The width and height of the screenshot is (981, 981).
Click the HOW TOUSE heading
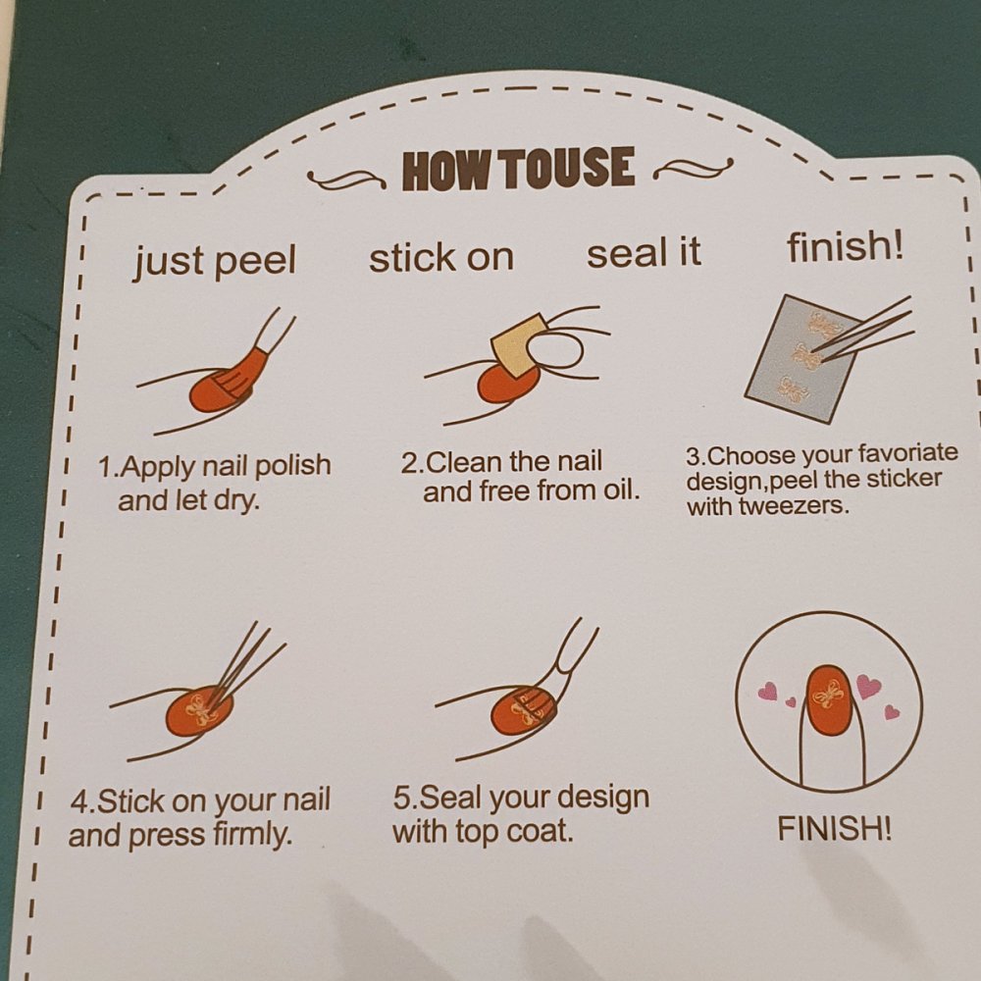pos(519,168)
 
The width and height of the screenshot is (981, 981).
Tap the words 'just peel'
pos(214,260)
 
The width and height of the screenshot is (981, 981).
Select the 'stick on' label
pos(441,257)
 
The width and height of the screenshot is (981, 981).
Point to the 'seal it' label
pos(644,253)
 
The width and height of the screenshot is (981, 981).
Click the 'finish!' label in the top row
pos(846,246)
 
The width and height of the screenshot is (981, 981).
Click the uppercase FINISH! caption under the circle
pos(835,829)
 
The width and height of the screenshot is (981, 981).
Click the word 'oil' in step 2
pos(620,490)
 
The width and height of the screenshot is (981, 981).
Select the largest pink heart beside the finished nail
pos(868,686)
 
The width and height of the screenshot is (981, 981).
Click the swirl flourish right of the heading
pos(694,169)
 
